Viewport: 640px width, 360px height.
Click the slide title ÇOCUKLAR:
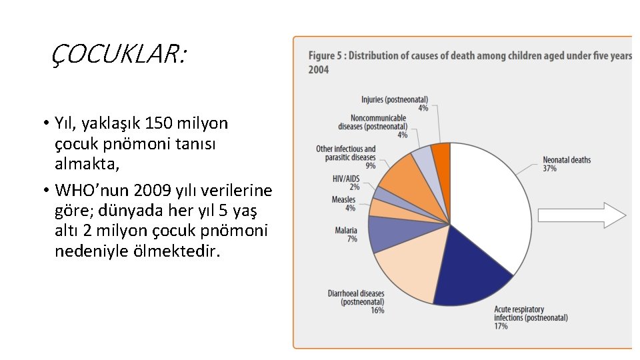pos(119,54)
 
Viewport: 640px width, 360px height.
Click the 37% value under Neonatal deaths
pos(549,169)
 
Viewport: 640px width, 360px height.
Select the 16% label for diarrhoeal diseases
pos(377,311)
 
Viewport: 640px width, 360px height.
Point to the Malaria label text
pos(346,231)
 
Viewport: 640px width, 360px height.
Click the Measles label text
pos(344,200)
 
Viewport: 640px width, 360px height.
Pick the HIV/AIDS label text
pos(345,179)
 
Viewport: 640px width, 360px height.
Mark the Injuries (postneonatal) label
pos(395,99)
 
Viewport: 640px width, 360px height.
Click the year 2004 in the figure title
pos(318,69)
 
